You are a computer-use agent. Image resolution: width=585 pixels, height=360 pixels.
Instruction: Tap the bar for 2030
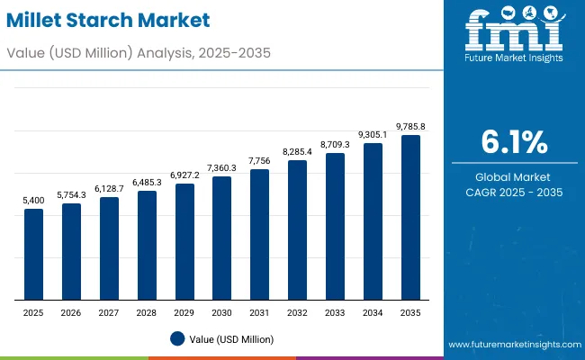(221, 238)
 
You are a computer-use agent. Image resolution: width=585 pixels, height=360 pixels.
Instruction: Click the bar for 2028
(147, 245)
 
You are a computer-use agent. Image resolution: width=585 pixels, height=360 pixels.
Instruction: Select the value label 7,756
(259, 162)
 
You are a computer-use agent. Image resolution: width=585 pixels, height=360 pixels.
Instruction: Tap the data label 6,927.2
(184, 175)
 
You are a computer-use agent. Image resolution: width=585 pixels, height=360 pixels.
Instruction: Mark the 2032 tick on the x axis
(297, 312)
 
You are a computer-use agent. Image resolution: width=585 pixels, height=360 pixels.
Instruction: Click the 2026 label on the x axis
(71, 312)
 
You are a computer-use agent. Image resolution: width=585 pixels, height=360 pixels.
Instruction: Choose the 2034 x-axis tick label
(373, 312)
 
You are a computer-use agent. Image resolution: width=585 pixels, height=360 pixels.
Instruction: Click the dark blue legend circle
(177, 338)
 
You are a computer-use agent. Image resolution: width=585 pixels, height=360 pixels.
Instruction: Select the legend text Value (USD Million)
(232, 338)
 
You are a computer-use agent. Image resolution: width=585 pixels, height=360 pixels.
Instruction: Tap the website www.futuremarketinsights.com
(511, 346)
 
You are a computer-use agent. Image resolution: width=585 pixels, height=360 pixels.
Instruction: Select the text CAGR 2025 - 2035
(514, 193)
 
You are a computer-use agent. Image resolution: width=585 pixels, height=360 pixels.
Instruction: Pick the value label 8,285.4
(297, 153)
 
